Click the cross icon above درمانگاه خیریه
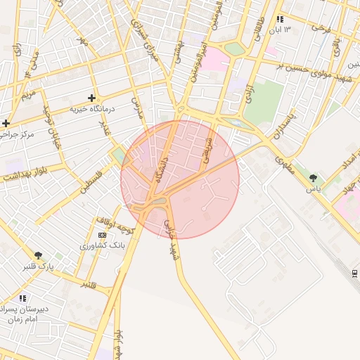click(91, 98)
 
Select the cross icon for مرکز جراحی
click(6, 123)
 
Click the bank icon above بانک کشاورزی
click(103, 235)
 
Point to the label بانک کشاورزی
click(103, 246)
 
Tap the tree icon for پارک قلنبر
click(38, 255)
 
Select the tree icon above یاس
click(313, 178)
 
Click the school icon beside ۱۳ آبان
click(281, 20)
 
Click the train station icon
click(355, 273)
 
